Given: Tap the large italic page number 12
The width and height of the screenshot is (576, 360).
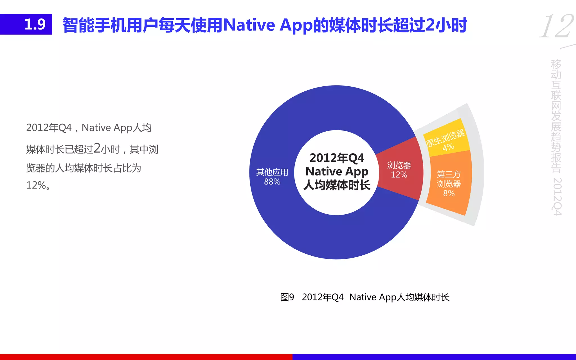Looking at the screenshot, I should pyautogui.click(x=556, y=26).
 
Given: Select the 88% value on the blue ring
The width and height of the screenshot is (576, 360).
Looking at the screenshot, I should pyautogui.click(x=272, y=182).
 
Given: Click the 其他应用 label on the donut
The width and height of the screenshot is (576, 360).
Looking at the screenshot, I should pyautogui.click(x=272, y=172).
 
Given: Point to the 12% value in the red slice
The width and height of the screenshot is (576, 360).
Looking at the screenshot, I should pyautogui.click(x=399, y=175).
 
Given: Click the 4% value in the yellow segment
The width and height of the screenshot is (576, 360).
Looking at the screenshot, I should pyautogui.click(x=448, y=147).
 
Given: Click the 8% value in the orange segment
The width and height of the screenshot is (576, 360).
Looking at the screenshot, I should pyautogui.click(x=449, y=193).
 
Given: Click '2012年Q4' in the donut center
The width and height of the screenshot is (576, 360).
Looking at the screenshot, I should pyautogui.click(x=337, y=158).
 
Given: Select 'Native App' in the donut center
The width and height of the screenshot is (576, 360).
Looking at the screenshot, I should pyautogui.click(x=337, y=171).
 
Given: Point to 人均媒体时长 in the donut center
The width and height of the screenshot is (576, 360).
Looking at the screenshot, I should pyautogui.click(x=337, y=185).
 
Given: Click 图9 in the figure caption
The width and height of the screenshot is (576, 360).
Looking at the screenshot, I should pyautogui.click(x=287, y=297).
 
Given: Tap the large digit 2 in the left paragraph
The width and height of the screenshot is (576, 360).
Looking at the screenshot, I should pyautogui.click(x=97, y=148).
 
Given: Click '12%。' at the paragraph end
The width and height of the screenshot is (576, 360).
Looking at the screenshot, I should pyautogui.click(x=39, y=185).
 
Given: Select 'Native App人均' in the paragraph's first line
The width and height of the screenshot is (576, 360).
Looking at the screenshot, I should pyautogui.click(x=116, y=128).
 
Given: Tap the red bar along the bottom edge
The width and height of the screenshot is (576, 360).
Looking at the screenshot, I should pyautogui.click(x=146, y=357).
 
